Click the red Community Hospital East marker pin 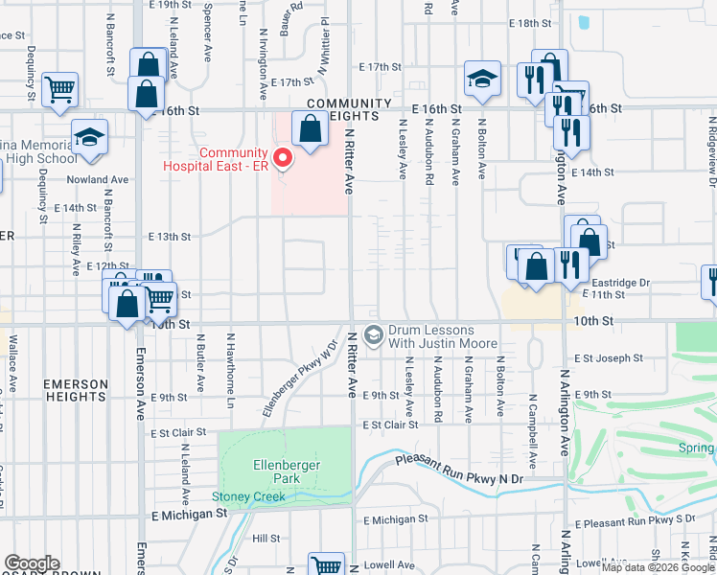click(x=282, y=156)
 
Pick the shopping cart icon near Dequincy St click(x=59, y=89)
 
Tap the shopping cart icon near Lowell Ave click(x=326, y=565)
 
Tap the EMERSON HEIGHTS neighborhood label click(x=76, y=390)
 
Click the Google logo click(x=32, y=563)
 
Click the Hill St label click(x=266, y=539)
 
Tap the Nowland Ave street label click(x=97, y=179)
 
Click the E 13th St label click(x=170, y=236)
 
